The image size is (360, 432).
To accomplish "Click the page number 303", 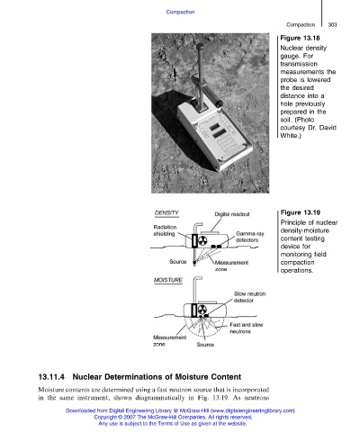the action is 332,24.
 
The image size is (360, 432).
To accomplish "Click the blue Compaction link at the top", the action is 180,12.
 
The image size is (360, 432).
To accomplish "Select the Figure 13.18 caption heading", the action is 300,38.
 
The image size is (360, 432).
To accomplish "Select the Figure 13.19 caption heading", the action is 301,212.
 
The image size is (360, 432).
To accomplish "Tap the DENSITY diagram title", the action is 166,213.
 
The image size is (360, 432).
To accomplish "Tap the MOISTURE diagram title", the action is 168,280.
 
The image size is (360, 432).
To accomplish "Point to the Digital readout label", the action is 232,214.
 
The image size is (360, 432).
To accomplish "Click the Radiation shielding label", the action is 165,230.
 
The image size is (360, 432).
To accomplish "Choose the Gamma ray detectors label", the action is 249,237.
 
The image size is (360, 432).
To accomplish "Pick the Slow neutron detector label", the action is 249,297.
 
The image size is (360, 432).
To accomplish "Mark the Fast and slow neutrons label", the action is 247,328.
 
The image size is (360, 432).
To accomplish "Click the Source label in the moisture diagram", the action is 205,345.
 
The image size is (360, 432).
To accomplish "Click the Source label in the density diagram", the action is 178,262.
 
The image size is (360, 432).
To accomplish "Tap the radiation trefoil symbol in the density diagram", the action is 203,240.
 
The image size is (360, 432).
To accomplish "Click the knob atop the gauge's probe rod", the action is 200,46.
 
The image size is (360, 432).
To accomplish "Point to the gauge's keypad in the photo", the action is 227,145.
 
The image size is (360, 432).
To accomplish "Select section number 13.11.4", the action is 51,377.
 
